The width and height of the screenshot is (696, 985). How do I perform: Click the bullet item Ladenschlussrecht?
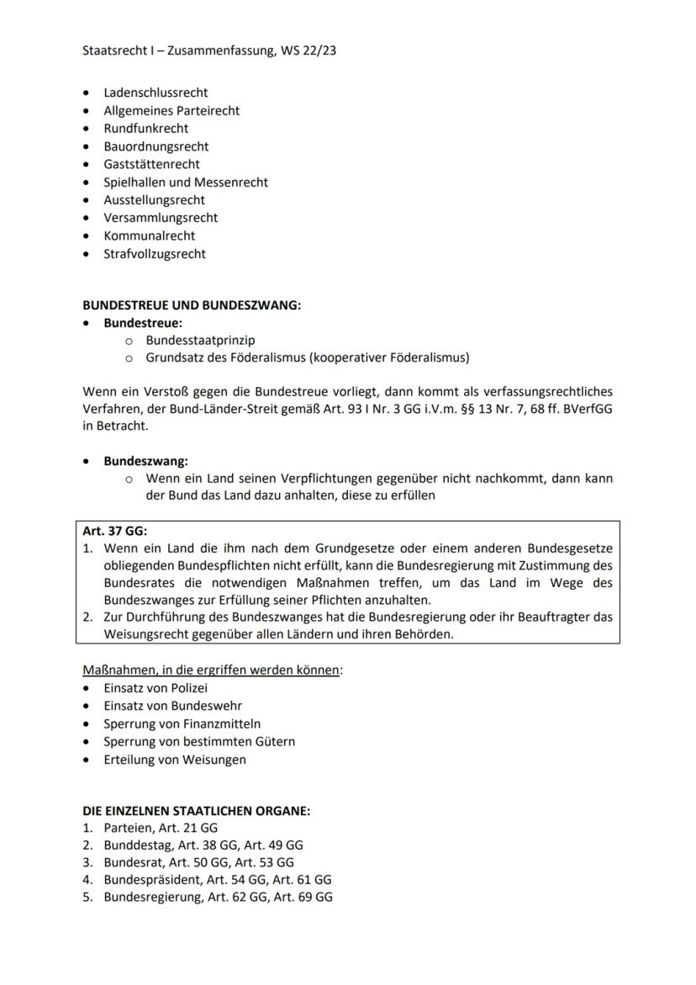click(156, 93)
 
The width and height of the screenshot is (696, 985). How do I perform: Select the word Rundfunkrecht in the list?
click(145, 129)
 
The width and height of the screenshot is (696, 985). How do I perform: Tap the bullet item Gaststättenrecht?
click(151, 164)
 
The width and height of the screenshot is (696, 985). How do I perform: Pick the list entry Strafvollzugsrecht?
click(155, 254)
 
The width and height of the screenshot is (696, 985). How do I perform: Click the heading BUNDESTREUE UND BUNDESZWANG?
click(191, 305)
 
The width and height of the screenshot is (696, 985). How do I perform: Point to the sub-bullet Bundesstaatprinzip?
click(200, 341)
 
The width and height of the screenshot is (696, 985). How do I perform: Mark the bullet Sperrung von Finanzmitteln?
click(182, 723)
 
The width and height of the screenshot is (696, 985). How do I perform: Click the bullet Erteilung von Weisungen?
click(175, 760)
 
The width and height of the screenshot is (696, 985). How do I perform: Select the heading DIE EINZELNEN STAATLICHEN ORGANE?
click(197, 812)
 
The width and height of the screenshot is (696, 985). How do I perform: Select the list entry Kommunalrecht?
click(149, 236)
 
